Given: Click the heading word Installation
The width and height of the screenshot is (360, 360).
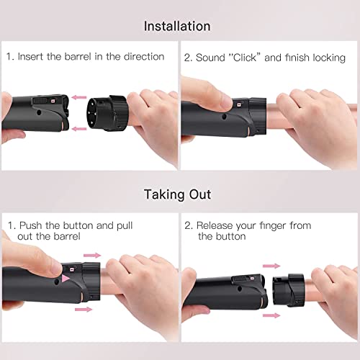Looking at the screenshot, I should [x=177, y=26].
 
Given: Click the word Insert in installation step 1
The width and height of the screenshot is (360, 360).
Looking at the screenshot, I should [x=34, y=56].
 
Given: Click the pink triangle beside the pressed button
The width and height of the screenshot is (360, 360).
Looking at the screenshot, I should [x=66, y=277].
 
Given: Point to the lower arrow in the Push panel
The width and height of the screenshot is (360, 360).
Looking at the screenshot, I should [x=85, y=307].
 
